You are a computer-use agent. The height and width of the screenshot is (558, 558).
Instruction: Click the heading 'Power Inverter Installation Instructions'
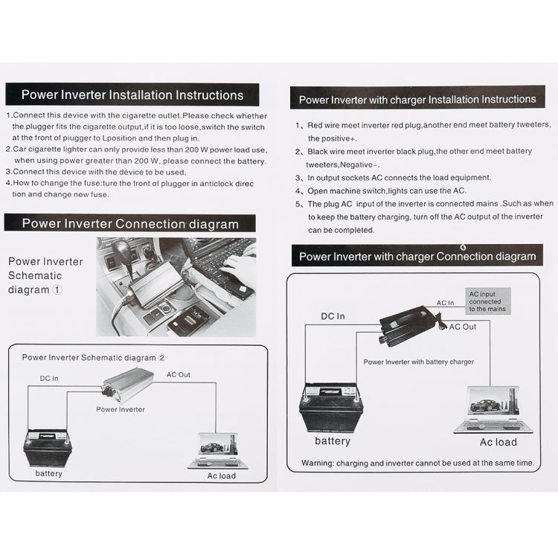pyautogui.click(x=132, y=95)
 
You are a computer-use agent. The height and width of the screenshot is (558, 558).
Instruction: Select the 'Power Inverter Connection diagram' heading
pyautogui.click(x=130, y=224)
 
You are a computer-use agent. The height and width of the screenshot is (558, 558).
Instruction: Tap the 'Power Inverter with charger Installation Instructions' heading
pyautogui.click(x=417, y=100)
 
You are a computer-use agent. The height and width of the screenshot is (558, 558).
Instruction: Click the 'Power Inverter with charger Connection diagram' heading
pyautogui.click(x=417, y=257)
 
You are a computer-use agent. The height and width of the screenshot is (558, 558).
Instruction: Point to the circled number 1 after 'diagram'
pyautogui.click(x=57, y=290)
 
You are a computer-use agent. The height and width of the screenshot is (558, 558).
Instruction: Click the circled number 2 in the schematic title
pyautogui.click(x=161, y=358)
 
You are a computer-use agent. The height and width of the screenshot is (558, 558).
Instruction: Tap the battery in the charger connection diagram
pyautogui.click(x=331, y=407)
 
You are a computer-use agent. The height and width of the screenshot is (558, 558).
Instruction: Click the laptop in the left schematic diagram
pyautogui.click(x=214, y=450)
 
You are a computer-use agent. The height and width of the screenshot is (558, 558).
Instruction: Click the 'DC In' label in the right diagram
pyautogui.click(x=333, y=316)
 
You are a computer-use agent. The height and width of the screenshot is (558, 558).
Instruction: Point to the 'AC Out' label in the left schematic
pyautogui.click(x=178, y=375)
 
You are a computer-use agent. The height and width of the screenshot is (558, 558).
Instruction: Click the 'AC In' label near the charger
pyautogui.click(x=445, y=303)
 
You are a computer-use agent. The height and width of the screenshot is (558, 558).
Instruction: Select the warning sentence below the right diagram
pyautogui.click(x=417, y=463)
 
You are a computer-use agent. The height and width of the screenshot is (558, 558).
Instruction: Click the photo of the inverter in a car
pyautogui.click(x=176, y=286)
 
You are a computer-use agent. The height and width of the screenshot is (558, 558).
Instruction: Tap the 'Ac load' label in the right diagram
pyautogui.click(x=498, y=442)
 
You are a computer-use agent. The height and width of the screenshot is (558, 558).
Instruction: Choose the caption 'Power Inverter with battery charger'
pyautogui.click(x=418, y=362)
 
